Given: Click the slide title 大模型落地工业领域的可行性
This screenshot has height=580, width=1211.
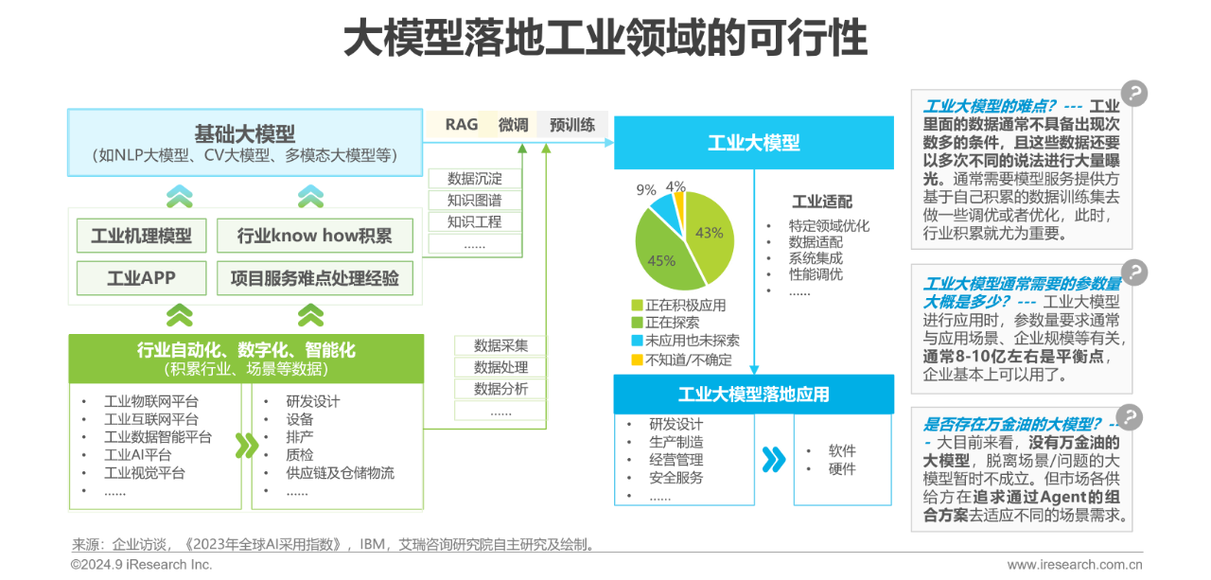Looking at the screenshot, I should (605, 40).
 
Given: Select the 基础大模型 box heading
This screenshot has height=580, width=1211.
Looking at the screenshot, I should (244, 133).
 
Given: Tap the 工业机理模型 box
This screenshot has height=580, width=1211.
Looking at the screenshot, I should (141, 236).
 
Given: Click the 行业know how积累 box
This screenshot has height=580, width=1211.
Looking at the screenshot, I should (314, 236).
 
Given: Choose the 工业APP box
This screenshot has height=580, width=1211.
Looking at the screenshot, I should (141, 277).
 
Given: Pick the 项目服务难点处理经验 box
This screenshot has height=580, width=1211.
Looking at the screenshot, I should (314, 277).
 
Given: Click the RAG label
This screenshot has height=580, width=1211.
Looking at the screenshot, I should (462, 125).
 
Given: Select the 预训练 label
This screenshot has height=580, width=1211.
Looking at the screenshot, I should (572, 125).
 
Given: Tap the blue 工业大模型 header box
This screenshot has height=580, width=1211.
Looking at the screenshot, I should (753, 143).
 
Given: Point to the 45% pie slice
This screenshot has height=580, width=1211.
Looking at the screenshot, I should (662, 260).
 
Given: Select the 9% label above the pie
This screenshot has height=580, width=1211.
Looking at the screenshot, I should (646, 189).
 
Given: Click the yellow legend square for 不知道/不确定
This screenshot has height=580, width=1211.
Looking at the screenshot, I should (637, 360).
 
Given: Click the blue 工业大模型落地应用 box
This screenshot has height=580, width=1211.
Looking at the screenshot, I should (753, 394).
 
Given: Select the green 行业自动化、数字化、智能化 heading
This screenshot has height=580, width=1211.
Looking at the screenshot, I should (245, 351).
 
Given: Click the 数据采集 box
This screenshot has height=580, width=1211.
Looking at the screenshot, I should (500, 345).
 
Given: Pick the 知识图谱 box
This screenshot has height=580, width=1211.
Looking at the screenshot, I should (474, 201).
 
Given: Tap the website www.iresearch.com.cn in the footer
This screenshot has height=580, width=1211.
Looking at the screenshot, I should (1074, 565).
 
